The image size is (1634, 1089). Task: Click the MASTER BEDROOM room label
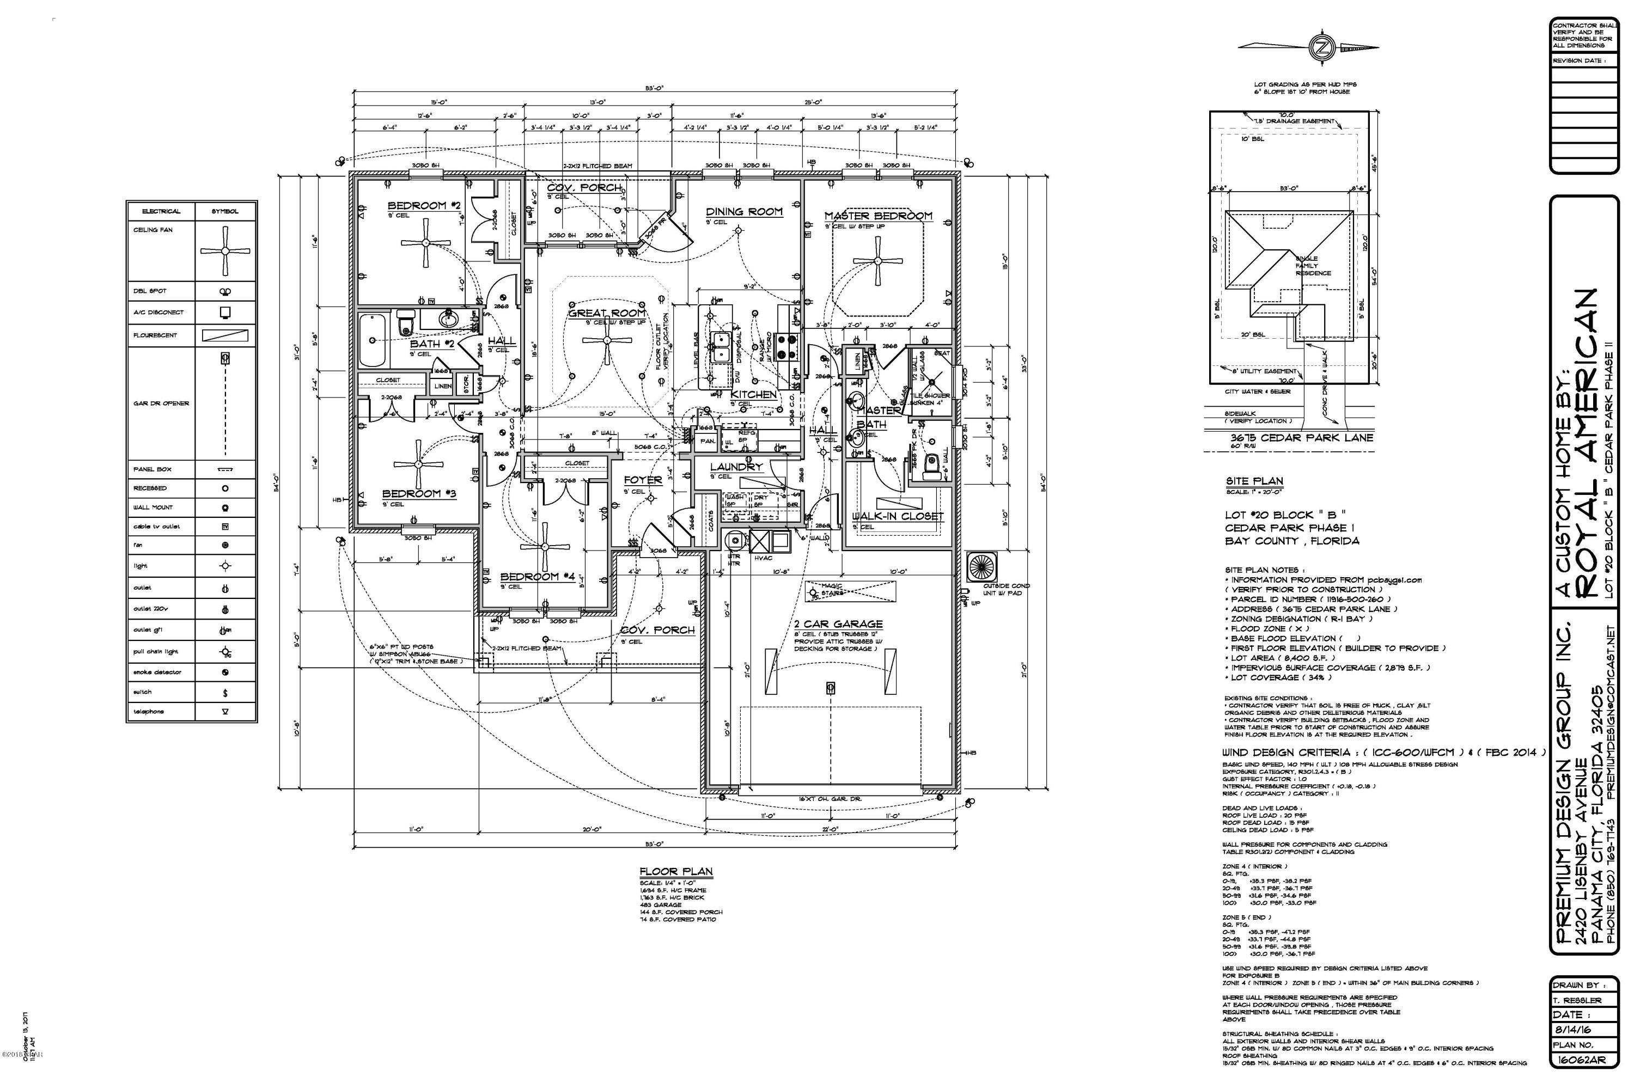878,216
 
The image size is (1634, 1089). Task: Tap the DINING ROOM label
744,211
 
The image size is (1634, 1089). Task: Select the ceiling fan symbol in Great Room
607,340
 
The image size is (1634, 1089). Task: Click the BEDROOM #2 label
424,206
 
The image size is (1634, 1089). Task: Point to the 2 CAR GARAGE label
838,623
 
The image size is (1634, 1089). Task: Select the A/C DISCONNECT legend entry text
158,313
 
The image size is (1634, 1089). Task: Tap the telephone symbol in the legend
225,712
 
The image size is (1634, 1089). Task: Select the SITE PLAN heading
1254,481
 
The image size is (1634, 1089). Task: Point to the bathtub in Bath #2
374,340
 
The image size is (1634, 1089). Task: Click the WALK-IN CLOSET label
898,516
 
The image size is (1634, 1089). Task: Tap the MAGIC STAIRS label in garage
832,590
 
